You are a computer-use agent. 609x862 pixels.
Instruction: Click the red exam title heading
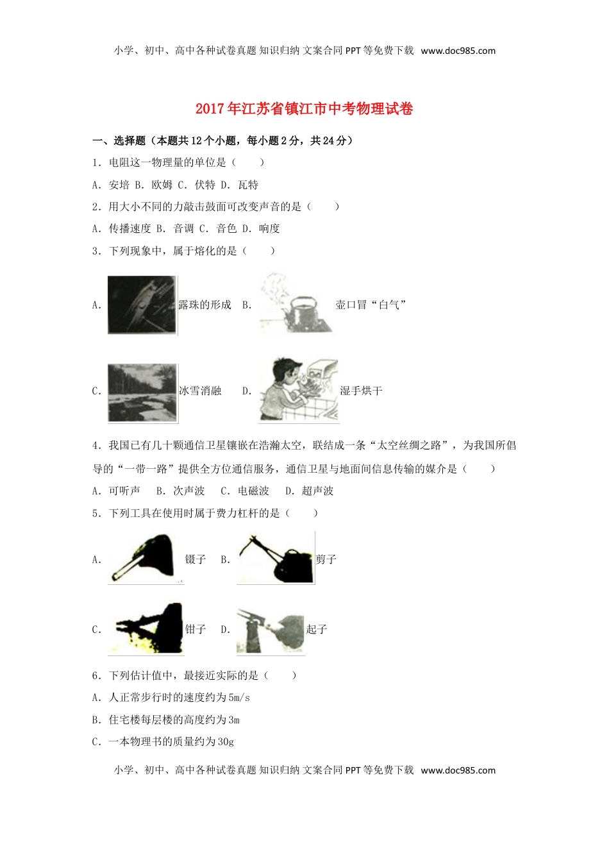click(x=304, y=108)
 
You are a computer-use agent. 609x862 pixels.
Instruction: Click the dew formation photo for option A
click(x=142, y=305)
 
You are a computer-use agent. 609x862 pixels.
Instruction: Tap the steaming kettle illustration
click(x=296, y=304)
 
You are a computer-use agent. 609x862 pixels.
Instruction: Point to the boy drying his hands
click(x=297, y=391)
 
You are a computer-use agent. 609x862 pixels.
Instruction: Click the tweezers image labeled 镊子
click(x=146, y=559)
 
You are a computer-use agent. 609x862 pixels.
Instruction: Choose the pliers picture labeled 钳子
click(x=146, y=629)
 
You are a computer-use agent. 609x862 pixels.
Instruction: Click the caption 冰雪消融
click(x=200, y=391)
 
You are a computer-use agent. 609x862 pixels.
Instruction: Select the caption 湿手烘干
click(x=361, y=391)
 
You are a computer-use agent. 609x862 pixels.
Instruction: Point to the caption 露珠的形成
click(x=204, y=305)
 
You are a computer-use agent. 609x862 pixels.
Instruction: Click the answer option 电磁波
click(x=253, y=491)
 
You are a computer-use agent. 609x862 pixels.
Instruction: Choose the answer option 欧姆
click(x=162, y=185)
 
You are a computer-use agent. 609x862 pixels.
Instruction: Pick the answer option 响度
click(x=269, y=228)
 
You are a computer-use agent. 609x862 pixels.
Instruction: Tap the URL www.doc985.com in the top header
click(x=458, y=51)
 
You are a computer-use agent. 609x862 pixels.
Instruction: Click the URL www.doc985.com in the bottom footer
click(x=458, y=770)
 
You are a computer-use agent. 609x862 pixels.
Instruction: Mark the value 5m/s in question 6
click(x=239, y=697)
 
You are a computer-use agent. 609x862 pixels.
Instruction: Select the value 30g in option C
click(x=226, y=741)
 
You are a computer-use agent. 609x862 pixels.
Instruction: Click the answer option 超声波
click(x=318, y=491)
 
